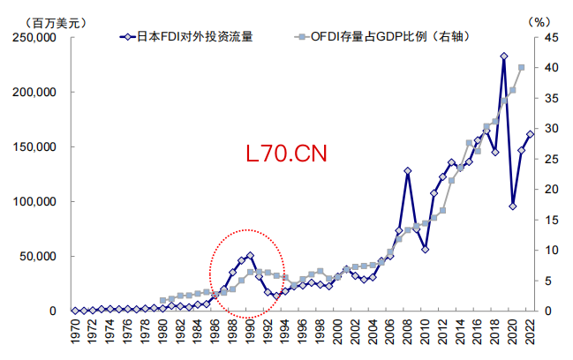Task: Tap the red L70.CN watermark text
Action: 287,154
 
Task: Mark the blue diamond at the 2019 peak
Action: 503,56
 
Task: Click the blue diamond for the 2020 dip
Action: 512,206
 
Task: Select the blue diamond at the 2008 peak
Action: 407,170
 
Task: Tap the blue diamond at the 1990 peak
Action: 250,256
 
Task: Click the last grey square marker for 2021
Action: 521,67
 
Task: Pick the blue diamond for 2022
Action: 530,134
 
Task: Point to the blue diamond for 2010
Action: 425,250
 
